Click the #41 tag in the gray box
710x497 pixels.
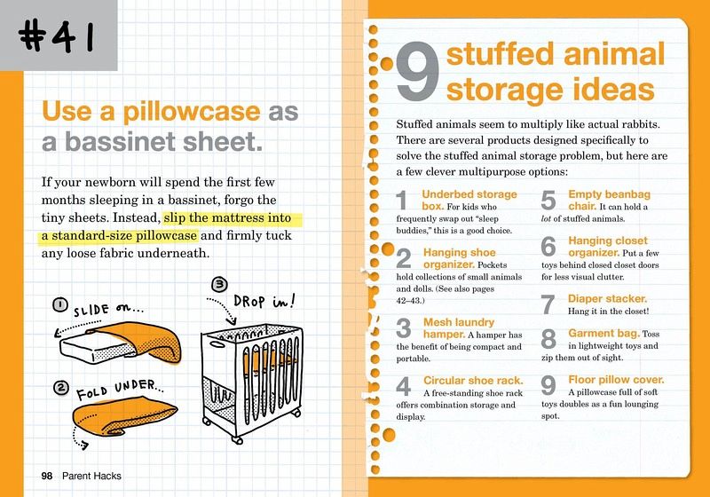57,37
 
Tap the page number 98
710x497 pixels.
47,476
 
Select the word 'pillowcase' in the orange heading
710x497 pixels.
192,112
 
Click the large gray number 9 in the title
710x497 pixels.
417,71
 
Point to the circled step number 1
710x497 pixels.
59,304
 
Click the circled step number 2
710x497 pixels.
60,388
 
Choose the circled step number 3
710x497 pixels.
219,284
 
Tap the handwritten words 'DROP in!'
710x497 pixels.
264,301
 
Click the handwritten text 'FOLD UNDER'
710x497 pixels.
120,390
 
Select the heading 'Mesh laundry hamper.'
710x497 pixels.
459,328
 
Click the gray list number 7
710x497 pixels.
548,304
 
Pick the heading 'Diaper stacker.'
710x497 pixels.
607,299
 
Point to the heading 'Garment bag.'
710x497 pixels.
604,334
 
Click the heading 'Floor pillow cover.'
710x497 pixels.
616,380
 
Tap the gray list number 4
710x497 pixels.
404,386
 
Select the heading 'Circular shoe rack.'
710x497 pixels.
473,381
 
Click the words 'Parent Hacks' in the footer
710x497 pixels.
91,476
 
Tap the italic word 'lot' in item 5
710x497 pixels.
546,218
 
